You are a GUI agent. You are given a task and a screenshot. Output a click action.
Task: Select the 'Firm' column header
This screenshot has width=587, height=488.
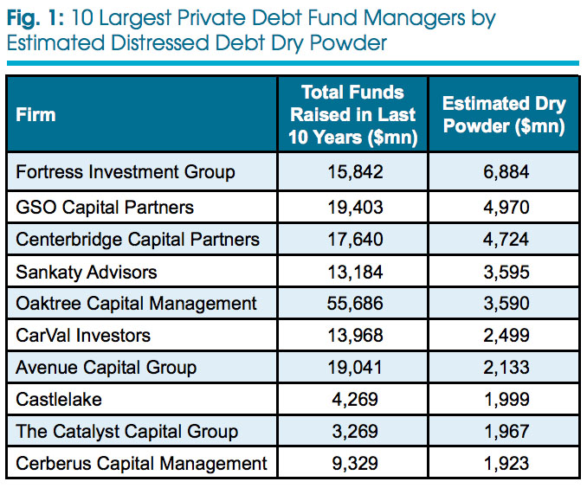coord(35,114)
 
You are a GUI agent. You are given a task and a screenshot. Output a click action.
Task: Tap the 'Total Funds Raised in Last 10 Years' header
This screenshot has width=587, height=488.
coord(352,114)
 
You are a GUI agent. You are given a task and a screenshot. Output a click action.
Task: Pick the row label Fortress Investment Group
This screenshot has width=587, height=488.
coord(126,172)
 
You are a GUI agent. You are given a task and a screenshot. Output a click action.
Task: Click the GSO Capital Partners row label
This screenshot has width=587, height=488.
coord(105,207)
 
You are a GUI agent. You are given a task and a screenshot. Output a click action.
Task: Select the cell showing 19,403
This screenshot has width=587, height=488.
coord(352,207)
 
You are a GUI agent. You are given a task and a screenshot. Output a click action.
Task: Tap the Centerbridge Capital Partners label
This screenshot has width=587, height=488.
coord(138,239)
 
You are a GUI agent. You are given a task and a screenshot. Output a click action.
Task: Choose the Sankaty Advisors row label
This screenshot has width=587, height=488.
coord(87,272)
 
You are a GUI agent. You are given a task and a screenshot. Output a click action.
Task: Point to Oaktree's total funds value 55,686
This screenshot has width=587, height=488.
coord(352,303)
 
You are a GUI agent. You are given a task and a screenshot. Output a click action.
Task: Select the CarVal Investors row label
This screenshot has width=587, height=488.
coord(83,335)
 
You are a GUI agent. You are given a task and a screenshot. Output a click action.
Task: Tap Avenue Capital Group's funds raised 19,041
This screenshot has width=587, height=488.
coord(352,368)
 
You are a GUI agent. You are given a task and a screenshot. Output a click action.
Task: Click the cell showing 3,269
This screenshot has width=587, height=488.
coord(352,431)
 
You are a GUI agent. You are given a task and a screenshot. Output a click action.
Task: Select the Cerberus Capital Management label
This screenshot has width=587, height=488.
coord(142,463)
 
